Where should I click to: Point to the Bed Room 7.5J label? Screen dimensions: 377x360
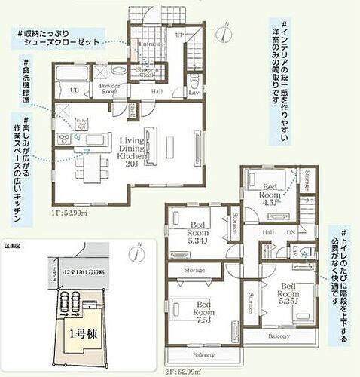click(x=203, y=311)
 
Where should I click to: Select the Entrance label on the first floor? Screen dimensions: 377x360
click(x=151, y=44)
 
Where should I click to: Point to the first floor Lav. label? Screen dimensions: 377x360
click(x=194, y=92)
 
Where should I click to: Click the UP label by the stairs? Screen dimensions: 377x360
click(x=178, y=35)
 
